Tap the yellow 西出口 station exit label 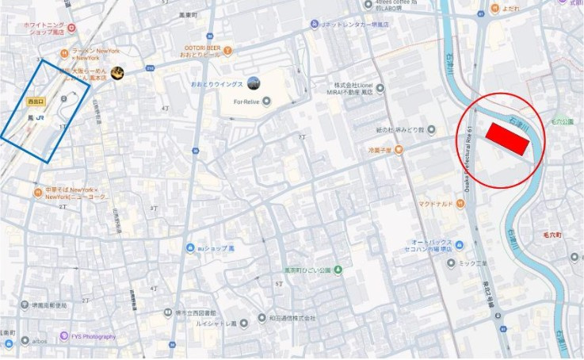[36, 102]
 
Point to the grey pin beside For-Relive [266, 101]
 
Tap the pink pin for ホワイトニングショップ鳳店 [72, 29]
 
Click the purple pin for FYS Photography [63, 336]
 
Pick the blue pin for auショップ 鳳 [191, 248]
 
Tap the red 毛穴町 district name [552, 236]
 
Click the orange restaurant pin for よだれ [494, 7]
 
